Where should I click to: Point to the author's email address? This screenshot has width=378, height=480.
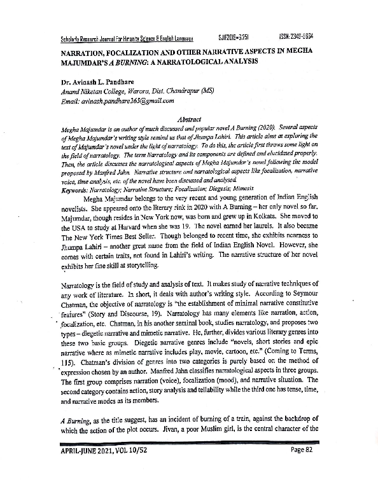(118, 100)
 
